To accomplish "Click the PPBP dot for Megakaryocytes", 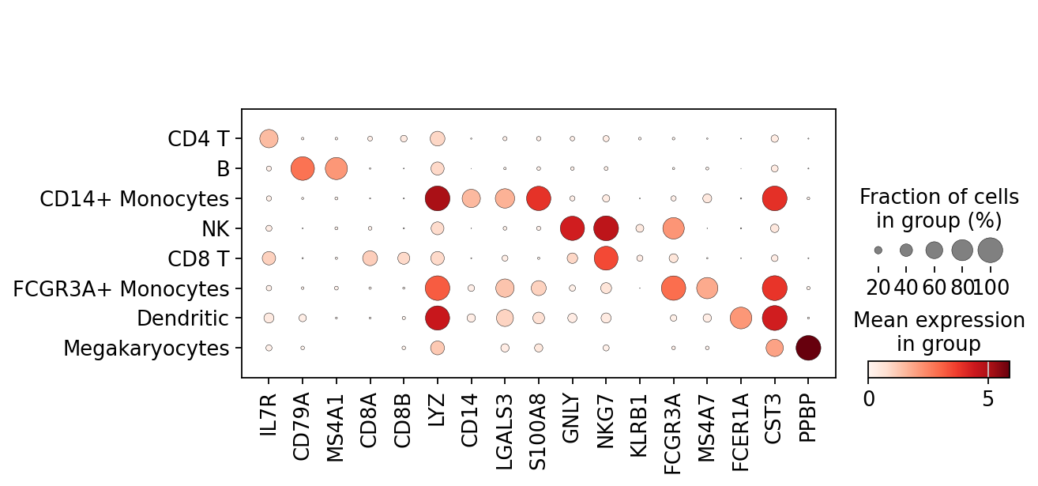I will coord(808,348).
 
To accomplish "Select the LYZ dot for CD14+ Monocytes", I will coord(437,198).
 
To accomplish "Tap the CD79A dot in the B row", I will coord(303,168).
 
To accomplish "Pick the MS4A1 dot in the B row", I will coord(337,168).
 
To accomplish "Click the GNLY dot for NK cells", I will coord(572,228).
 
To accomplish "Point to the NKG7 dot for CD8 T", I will coord(606,258).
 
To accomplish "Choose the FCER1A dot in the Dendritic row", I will coord(741,318).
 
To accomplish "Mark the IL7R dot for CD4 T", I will coord(269,138).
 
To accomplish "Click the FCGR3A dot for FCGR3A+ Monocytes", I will coord(674,288).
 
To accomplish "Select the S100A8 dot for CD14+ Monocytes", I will coord(539,198).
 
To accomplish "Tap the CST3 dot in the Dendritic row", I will coord(775,318).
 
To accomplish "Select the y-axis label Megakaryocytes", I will coord(146,348).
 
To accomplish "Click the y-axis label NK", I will coord(215,229).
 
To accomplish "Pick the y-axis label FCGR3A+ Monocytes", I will coord(121,288).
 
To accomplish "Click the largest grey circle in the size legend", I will coord(990,250).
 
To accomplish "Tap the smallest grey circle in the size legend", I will coord(878,250).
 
